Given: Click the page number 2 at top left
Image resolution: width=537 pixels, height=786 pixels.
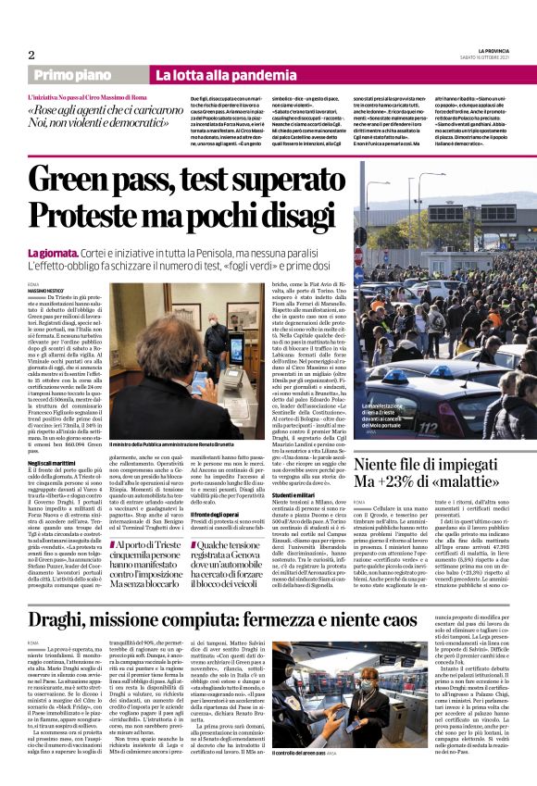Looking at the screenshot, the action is tap(31, 55).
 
